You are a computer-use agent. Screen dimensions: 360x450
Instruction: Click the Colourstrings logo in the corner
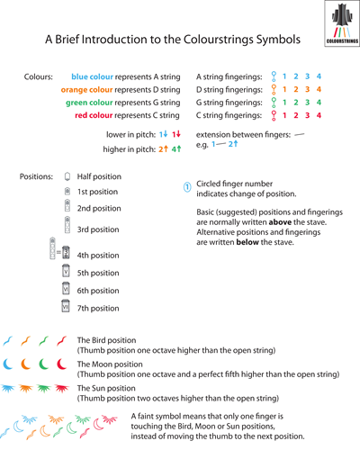pos(342,23)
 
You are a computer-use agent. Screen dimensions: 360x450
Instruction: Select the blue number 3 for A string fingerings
pos(307,76)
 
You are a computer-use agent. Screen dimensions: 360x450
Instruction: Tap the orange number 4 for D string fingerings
pos(319,89)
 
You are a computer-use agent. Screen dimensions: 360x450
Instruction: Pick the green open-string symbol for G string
pos(274,103)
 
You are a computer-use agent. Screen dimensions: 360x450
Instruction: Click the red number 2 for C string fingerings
pos(296,115)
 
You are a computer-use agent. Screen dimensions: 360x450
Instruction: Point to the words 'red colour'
pos(94,115)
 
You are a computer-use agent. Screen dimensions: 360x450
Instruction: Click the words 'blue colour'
pos(93,76)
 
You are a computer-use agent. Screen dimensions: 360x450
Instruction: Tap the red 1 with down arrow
pos(176,134)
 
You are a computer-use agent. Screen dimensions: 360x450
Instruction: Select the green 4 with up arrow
pos(176,148)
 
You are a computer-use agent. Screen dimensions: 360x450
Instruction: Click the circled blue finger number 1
pos(187,187)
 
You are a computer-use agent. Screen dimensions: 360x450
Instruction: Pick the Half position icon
pos(67,176)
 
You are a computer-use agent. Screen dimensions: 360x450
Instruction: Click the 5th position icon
pos(66,271)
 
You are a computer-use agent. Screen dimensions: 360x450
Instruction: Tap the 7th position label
pos(98,308)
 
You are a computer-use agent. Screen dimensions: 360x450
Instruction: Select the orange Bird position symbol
pos(25,341)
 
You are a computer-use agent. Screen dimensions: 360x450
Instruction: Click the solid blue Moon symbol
pos(8,364)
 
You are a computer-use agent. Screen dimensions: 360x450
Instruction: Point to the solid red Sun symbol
pos(62,389)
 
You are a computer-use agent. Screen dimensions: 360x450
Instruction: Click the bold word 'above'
pos(280,222)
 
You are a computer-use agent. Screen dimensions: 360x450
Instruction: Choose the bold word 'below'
pos(247,242)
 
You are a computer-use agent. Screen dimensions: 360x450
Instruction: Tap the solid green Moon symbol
pos(43,364)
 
